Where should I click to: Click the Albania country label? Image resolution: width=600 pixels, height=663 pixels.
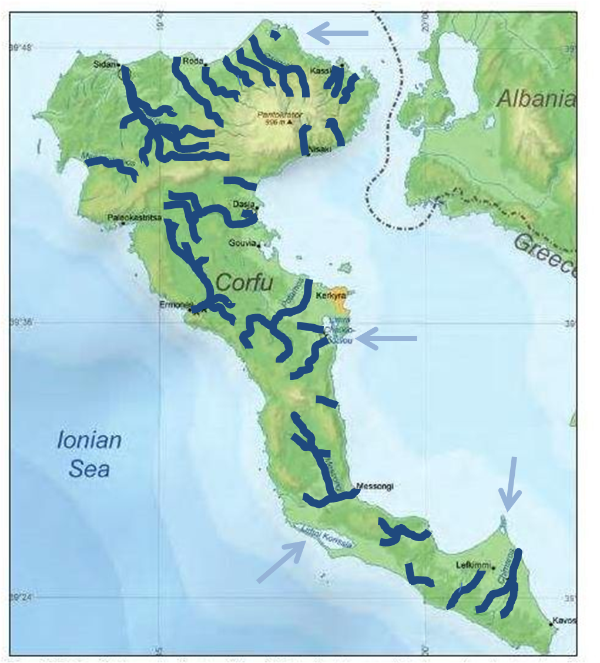(535, 99)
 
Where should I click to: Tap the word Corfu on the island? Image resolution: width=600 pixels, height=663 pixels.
(244, 283)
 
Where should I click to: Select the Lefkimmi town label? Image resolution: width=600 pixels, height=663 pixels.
(473, 566)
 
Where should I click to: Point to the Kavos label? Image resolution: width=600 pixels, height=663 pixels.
(565, 621)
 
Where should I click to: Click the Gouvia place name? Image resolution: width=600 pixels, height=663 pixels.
(243, 243)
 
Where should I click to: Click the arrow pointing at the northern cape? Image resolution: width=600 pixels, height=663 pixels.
(338, 33)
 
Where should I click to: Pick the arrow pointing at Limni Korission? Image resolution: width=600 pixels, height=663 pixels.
(281, 562)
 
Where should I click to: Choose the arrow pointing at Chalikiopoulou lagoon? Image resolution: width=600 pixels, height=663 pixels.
(386, 338)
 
